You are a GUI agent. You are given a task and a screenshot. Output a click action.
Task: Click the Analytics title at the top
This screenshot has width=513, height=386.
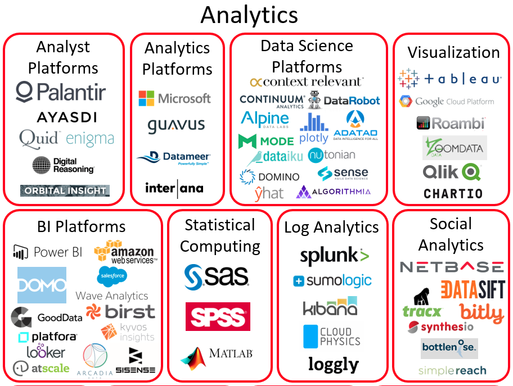point(249,15)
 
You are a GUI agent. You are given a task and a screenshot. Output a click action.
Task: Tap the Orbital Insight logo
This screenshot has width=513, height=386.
point(65,190)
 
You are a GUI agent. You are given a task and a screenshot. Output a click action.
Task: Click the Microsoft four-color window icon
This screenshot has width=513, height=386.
point(147,98)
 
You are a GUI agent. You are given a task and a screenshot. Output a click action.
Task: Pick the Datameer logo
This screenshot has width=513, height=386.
point(174,157)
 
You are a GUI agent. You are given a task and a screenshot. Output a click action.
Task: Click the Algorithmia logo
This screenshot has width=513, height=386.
point(334,192)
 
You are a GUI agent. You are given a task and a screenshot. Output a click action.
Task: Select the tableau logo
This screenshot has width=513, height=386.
point(449,79)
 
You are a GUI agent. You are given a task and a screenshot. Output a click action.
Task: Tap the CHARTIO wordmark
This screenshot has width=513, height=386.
point(453,194)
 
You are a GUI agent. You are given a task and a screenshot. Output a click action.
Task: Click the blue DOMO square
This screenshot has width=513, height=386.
point(42,285)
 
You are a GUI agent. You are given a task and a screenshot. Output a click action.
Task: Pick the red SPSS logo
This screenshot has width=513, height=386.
point(218,316)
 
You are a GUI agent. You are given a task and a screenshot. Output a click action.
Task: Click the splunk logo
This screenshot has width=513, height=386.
point(334,256)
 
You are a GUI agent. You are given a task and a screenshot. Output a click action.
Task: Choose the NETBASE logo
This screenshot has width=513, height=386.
point(452,266)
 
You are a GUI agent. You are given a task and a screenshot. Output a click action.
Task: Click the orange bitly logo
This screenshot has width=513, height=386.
point(481,312)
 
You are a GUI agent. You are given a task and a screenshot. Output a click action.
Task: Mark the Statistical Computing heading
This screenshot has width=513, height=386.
point(220,235)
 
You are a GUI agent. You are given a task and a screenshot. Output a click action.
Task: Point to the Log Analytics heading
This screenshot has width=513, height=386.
point(331,227)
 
